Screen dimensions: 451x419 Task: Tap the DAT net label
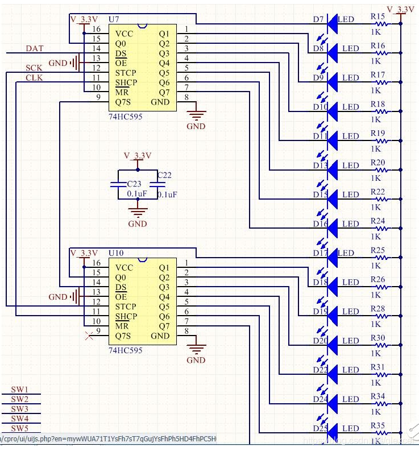pyautogui.click(x=35, y=49)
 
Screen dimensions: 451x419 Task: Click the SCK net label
pyautogui.click(x=34, y=68)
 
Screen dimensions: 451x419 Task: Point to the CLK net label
pyautogui.click(x=34, y=78)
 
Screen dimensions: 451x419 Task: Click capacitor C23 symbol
pyautogui.click(x=117, y=184)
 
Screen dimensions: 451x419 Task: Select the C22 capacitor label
pyautogui.click(x=164, y=175)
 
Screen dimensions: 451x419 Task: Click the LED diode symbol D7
pyautogui.click(x=332, y=20)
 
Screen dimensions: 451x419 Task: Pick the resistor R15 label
pyautogui.click(x=377, y=17)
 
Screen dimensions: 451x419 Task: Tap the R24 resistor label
pyautogui.click(x=377, y=221)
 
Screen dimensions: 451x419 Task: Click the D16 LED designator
pyautogui.click(x=320, y=224)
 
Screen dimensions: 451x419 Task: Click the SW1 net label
pyautogui.click(x=19, y=390)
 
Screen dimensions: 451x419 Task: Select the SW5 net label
pyautogui.click(x=19, y=428)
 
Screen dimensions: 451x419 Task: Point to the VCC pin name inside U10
pyautogui.click(x=124, y=267)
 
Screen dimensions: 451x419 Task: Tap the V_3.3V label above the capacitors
pyautogui.click(x=138, y=155)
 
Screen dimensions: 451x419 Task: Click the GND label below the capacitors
pyautogui.click(x=138, y=224)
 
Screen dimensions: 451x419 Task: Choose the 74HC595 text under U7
pyautogui.click(x=125, y=116)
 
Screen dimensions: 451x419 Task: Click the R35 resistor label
pyautogui.click(x=377, y=425)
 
